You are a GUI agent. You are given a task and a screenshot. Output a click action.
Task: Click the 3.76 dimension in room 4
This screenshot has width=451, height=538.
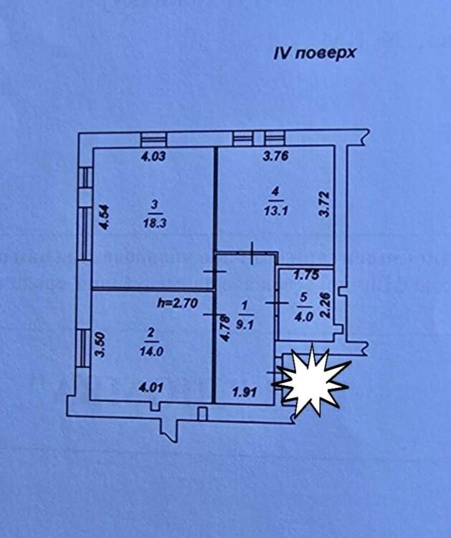pyautogui.click(x=275, y=159)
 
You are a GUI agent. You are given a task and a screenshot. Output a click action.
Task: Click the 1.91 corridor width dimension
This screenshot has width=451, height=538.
pyautogui.click(x=243, y=392)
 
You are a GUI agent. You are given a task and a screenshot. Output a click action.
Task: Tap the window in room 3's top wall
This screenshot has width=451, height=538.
pyautogui.click(x=152, y=139)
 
